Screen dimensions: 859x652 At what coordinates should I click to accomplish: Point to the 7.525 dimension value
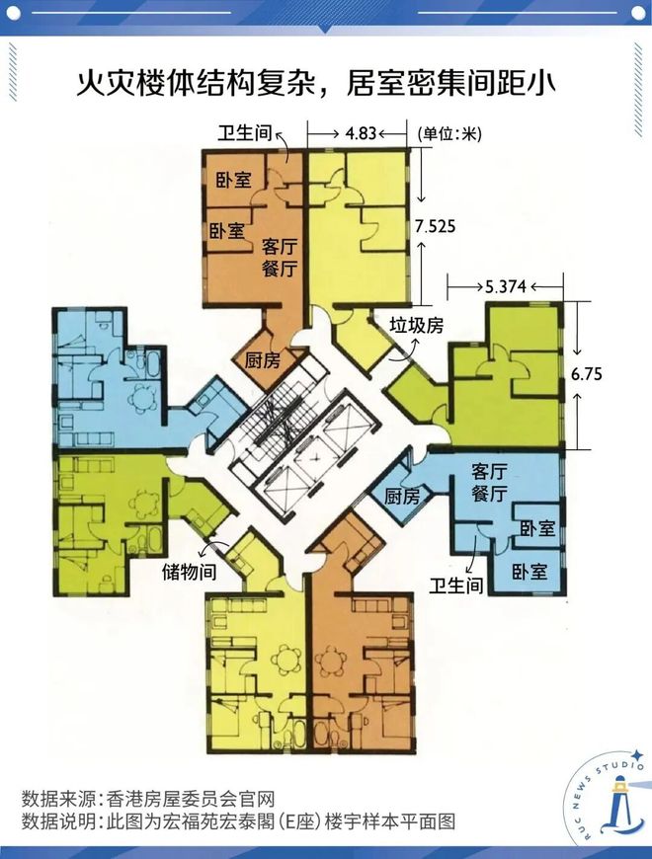coord(435,226)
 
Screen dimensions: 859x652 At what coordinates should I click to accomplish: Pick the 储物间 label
coord(189,573)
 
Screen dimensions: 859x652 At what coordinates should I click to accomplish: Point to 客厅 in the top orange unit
coord(281,246)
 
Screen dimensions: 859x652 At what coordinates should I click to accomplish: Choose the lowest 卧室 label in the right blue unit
coord(530,571)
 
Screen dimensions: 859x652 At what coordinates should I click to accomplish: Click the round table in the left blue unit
coord(144,398)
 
